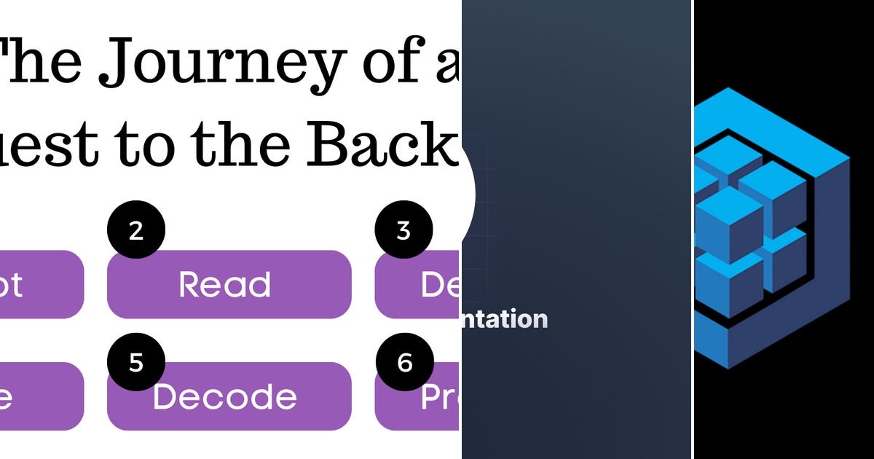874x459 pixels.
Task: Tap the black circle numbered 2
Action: (136, 230)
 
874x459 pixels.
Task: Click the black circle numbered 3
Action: (403, 230)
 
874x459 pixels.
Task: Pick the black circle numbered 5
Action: (136, 363)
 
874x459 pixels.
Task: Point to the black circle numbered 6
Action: (404, 363)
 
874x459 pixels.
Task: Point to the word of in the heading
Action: (392, 62)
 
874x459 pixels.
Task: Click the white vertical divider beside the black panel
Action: (692, 229)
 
